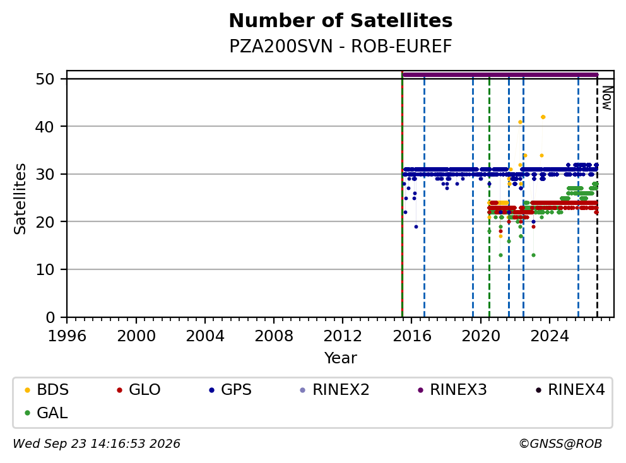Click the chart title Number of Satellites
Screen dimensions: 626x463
click(x=341, y=21)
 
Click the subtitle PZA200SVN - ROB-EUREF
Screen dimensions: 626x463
click(x=341, y=46)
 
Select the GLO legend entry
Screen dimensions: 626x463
click(x=139, y=390)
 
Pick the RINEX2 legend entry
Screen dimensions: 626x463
click(x=335, y=390)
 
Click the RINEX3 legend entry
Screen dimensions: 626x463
click(x=452, y=390)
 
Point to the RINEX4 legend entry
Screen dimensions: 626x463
click(x=570, y=390)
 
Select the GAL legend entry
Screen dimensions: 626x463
click(x=46, y=413)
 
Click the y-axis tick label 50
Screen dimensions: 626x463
click(x=45, y=79)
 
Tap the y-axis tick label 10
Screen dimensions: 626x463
click(x=45, y=270)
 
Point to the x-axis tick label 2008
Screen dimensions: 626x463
click(x=274, y=336)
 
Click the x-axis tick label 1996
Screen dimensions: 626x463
click(x=67, y=336)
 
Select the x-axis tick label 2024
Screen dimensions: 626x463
click(x=550, y=336)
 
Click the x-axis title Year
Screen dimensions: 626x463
click(x=341, y=358)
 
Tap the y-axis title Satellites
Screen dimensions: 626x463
click(x=20, y=199)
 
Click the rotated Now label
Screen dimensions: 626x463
click(x=607, y=98)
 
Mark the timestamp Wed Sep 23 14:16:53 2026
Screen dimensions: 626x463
click(x=97, y=444)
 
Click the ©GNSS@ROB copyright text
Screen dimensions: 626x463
click(x=560, y=444)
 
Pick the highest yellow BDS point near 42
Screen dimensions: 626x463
click(x=543, y=117)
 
